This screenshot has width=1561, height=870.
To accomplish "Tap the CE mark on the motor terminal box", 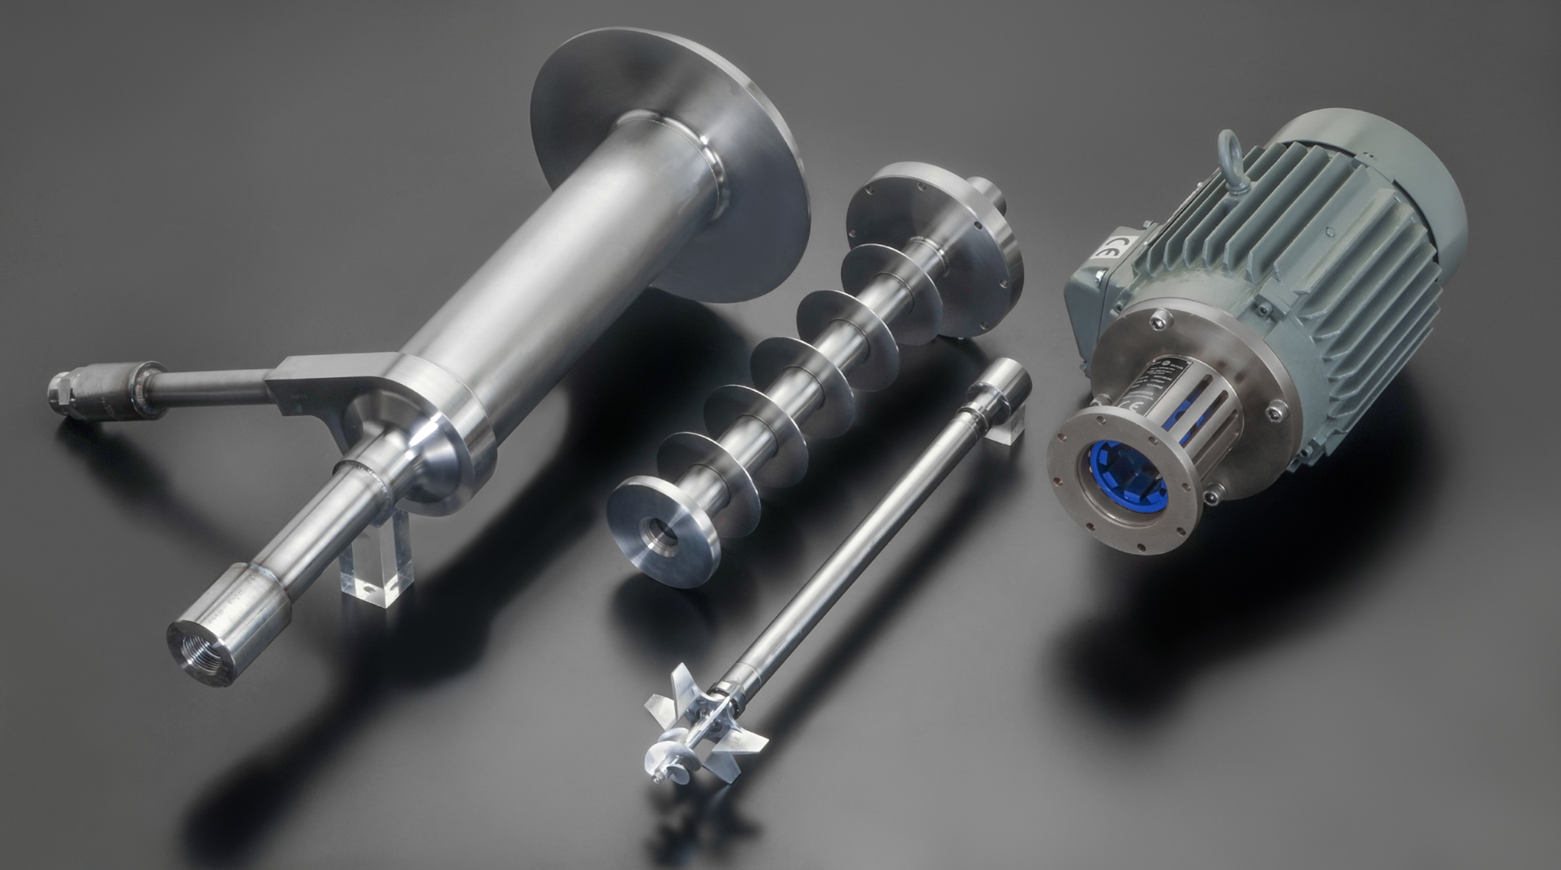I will coord(1106,250).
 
